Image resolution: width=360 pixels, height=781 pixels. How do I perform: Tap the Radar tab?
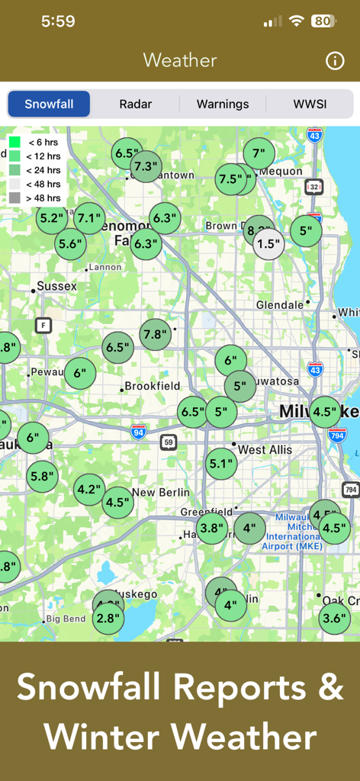point(135,104)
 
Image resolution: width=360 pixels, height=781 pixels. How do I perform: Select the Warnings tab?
point(223,104)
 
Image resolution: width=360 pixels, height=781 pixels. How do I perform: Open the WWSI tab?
point(310,104)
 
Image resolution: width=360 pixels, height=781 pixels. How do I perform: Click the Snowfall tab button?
point(49,104)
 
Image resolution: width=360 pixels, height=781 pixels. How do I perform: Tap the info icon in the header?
point(335,61)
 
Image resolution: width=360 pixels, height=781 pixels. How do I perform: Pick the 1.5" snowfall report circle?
point(268,244)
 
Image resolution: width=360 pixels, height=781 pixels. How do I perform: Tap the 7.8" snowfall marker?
point(156,334)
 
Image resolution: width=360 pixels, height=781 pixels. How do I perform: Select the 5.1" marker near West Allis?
point(221,463)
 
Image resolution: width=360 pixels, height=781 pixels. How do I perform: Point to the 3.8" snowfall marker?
point(212,528)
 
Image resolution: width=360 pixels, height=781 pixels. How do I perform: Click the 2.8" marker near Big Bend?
point(108,619)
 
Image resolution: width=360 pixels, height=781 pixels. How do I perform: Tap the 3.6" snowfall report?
point(334,619)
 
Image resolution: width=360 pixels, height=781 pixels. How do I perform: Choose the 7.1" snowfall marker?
point(89,219)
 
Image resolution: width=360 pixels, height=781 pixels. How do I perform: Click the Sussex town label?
point(56,287)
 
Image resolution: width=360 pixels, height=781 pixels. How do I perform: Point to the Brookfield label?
point(152,387)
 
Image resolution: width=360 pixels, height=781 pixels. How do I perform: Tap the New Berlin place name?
point(161,493)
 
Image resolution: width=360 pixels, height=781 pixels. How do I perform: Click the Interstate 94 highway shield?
point(138,432)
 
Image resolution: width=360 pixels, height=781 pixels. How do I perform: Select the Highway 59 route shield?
point(169,442)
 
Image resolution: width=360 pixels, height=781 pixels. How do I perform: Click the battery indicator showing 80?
point(323,21)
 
